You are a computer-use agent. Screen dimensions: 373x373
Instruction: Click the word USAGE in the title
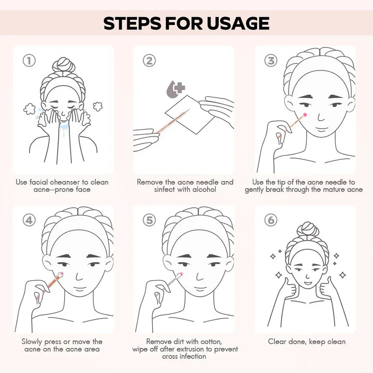[x=238, y=23]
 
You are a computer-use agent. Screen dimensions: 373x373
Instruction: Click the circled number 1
[x=29, y=61]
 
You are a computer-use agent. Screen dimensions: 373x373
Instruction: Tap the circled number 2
[x=149, y=61]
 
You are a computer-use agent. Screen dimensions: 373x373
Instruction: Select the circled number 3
[x=271, y=61]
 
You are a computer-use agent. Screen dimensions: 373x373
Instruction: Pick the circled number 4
[x=29, y=220]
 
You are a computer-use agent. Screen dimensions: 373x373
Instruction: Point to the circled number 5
[x=149, y=220]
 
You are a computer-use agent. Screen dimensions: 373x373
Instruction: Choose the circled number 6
[x=271, y=220]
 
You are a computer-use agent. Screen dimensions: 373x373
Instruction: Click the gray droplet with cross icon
[x=175, y=89]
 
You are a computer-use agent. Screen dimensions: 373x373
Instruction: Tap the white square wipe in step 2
[x=190, y=114]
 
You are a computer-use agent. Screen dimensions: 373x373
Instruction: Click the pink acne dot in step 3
[x=305, y=115]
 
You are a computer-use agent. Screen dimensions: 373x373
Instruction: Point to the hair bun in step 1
[x=63, y=64]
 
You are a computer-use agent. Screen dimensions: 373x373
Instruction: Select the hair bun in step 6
[x=308, y=229]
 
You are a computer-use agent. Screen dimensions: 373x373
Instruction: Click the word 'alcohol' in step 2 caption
[x=204, y=190]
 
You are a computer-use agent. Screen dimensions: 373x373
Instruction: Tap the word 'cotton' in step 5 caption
[x=211, y=342]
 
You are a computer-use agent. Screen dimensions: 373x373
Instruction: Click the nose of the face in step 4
[x=79, y=276]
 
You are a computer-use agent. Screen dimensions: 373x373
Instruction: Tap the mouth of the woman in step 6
[x=308, y=283]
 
